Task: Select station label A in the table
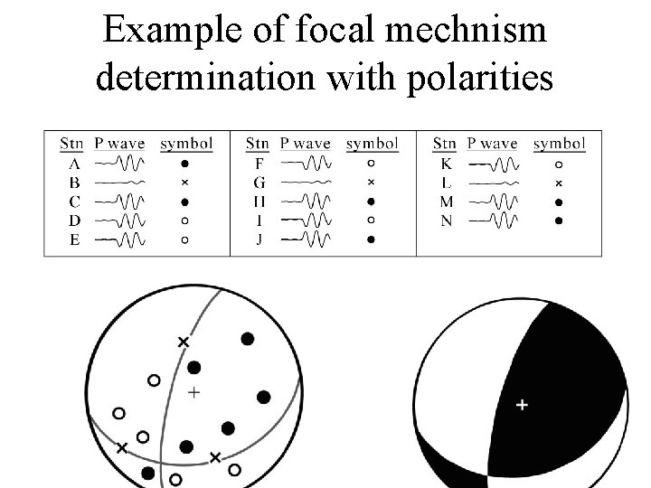point(74,164)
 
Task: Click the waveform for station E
point(119,240)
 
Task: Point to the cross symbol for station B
point(184,183)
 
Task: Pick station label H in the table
point(259,202)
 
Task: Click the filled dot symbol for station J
point(372,239)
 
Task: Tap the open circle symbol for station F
point(372,164)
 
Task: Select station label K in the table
point(447,164)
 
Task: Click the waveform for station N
point(494,221)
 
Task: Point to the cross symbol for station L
point(559,183)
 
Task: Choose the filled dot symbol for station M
point(559,202)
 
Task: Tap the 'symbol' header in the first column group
point(185,144)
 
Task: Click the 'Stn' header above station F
point(258,144)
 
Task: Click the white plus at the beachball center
point(522,406)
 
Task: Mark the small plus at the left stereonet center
point(193,392)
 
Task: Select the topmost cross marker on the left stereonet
point(184,342)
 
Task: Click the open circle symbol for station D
point(184,221)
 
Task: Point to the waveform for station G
point(306,183)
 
